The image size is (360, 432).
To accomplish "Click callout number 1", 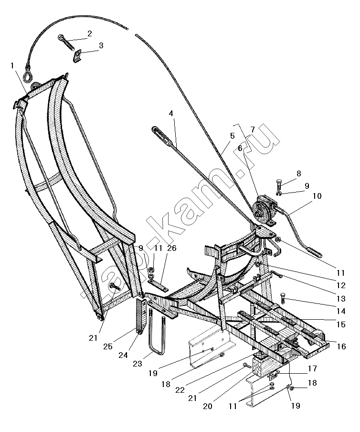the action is click(12, 66).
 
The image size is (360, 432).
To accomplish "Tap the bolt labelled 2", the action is click(66, 43).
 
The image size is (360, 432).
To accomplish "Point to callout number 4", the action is click(171, 113).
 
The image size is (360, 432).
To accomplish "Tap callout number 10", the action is click(317, 196).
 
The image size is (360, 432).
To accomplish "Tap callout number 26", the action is click(172, 248).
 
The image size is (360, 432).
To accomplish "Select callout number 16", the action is click(341, 346).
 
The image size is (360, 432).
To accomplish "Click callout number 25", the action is click(107, 346).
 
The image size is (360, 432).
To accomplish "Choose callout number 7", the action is click(253, 129).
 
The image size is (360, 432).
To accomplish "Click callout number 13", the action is click(341, 298).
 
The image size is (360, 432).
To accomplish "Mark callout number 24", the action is click(123, 355).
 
